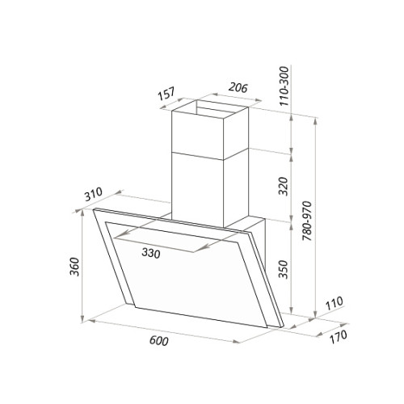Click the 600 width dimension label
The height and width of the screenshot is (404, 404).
[x=158, y=341]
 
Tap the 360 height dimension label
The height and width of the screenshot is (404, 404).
[x=74, y=267]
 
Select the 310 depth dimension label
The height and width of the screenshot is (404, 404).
[x=94, y=194]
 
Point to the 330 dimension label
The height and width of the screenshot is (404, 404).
[x=151, y=253]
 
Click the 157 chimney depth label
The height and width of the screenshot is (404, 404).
[x=166, y=94]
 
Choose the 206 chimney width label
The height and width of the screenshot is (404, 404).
[x=238, y=87]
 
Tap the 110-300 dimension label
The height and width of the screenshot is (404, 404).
[x=284, y=86]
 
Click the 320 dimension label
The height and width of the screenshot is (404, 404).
[x=284, y=186]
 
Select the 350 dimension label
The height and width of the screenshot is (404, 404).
[x=284, y=269]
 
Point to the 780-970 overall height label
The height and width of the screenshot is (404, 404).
[x=307, y=221]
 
